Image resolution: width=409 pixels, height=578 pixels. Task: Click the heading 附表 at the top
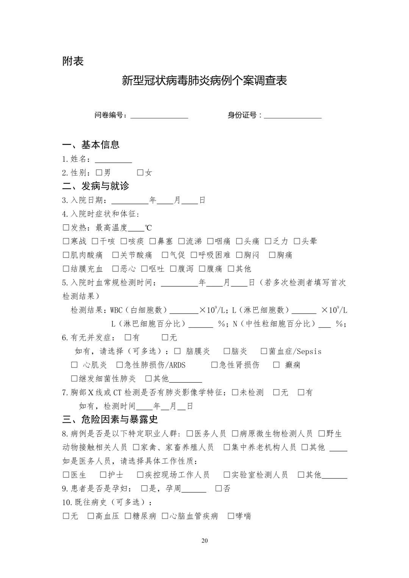[x=73, y=61]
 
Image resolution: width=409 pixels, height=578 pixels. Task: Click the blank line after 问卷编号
[x=159, y=116]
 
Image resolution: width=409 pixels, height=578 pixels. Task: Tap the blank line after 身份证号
[x=293, y=116]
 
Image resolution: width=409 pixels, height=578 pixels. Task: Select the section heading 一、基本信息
[x=91, y=144]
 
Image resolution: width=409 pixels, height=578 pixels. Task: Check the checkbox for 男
[x=99, y=173]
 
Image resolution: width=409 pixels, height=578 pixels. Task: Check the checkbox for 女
[x=140, y=173]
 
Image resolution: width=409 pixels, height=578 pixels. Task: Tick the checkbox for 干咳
[x=95, y=241]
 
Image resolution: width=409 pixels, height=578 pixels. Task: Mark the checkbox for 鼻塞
[x=153, y=241]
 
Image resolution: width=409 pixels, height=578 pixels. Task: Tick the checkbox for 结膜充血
[x=66, y=269]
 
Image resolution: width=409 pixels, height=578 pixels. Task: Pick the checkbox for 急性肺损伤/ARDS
[x=120, y=365]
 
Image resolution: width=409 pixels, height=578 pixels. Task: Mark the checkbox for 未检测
[x=235, y=393]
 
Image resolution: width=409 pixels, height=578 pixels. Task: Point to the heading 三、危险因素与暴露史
[x=110, y=419]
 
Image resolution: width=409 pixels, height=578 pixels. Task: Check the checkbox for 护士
[x=103, y=475]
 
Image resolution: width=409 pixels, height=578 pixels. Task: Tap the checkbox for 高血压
[x=91, y=516]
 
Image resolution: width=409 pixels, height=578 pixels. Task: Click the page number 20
[x=204, y=541]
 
